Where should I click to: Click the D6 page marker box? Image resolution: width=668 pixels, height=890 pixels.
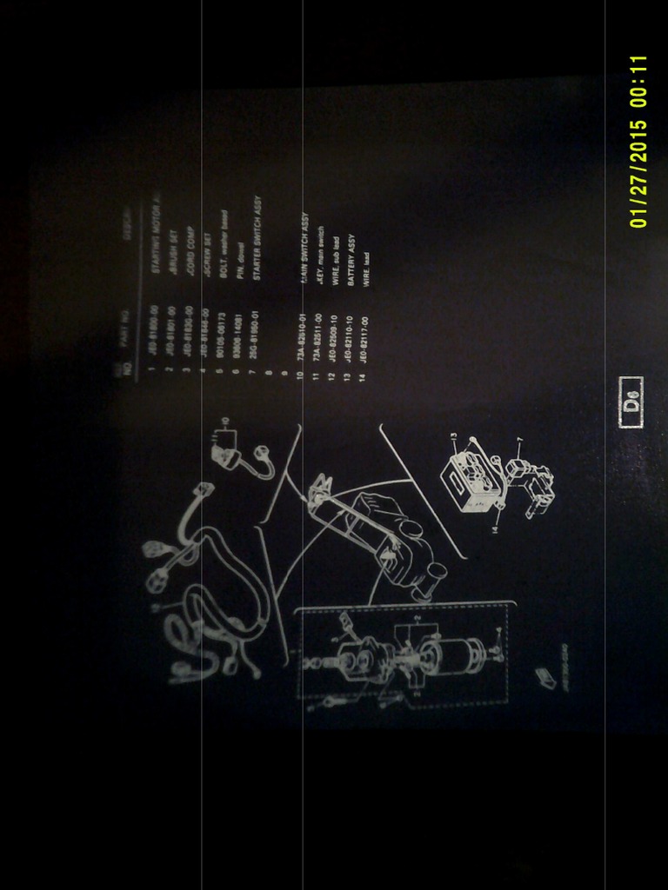point(631,402)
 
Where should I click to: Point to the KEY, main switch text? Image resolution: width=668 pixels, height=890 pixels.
point(318,246)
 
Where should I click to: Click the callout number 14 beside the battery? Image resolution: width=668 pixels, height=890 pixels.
point(494,528)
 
